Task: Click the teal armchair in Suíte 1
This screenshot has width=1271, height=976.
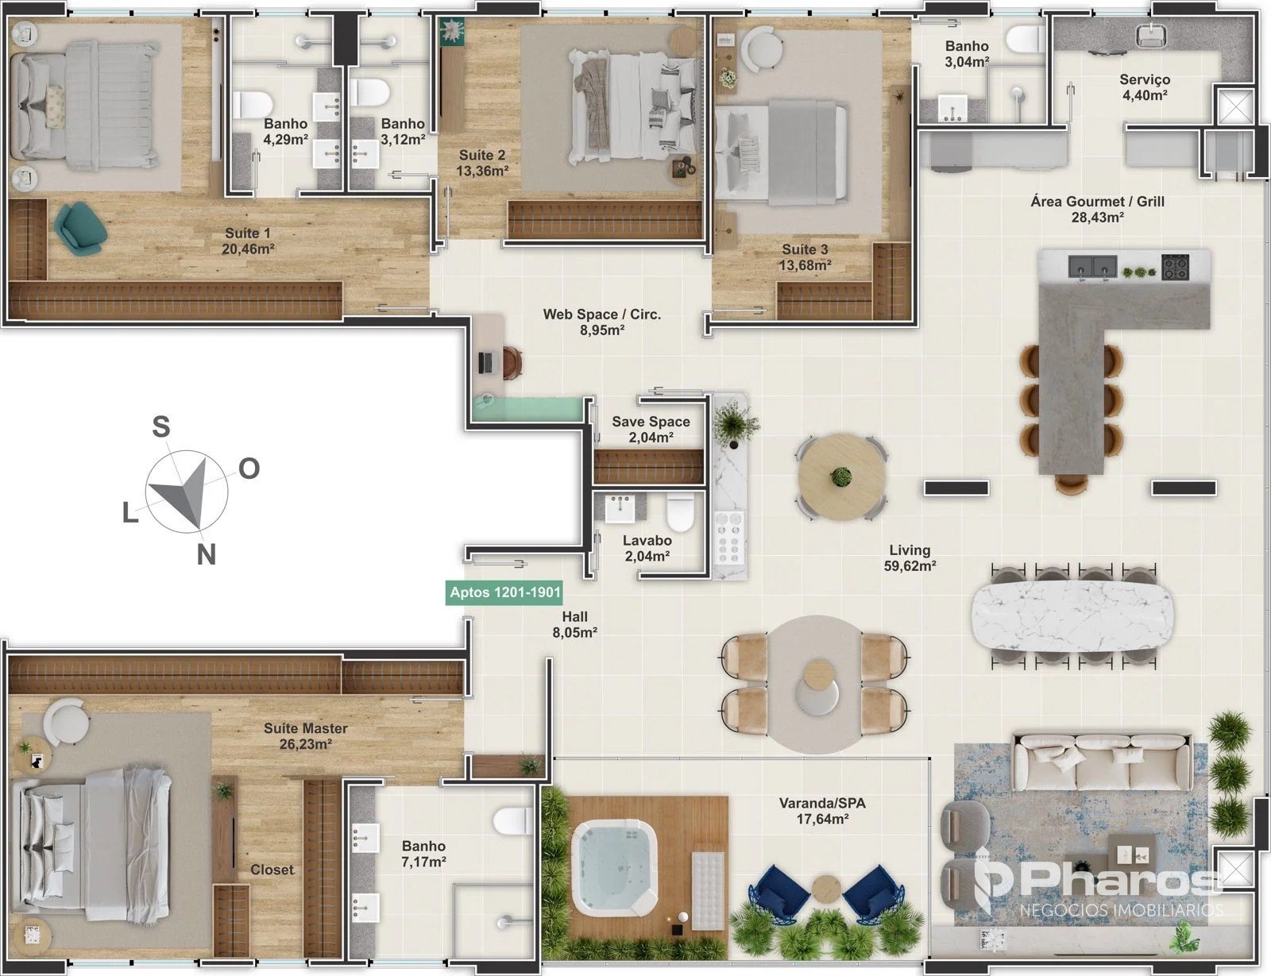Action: (81, 229)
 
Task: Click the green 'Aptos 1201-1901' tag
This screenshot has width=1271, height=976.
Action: (504, 592)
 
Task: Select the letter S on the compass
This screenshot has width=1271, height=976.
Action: (160, 426)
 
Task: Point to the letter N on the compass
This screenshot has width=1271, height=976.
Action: (206, 554)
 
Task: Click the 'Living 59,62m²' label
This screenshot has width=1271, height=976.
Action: (910, 557)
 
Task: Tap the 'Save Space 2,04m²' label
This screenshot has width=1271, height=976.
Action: (651, 429)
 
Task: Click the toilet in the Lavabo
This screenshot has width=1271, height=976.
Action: (680, 511)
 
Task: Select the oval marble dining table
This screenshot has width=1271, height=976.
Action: (1072, 616)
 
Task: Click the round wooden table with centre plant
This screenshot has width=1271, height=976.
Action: (841, 476)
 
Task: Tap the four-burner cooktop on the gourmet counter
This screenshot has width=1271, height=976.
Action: (1175, 267)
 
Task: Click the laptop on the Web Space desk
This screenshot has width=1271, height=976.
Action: (485, 363)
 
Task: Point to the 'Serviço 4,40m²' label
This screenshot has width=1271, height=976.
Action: (1145, 87)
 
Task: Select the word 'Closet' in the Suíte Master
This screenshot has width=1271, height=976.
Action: (272, 870)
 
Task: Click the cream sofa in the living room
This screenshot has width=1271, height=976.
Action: (1101, 762)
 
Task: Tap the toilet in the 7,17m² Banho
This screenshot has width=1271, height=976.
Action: (513, 820)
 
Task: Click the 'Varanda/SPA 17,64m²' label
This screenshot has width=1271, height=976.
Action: (822, 811)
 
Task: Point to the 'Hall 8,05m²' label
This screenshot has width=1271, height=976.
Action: (574, 624)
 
